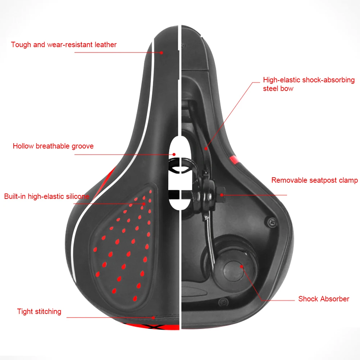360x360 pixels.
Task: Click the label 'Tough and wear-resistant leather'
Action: pyautogui.click(x=64, y=45)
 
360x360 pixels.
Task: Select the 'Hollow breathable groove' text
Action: pyautogui.click(x=53, y=146)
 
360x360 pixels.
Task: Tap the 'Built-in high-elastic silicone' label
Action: pyautogui.click(x=47, y=196)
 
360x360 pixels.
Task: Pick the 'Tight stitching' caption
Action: pyautogui.click(x=39, y=311)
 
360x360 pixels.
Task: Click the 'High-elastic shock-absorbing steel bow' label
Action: pyautogui.click(x=309, y=84)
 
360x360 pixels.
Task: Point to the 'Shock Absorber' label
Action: pyautogui.click(x=324, y=299)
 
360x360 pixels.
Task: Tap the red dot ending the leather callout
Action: pyautogui.click(x=162, y=53)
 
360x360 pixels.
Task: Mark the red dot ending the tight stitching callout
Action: pyautogui.click(x=154, y=317)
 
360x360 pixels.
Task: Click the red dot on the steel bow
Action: pyautogui.click(x=206, y=147)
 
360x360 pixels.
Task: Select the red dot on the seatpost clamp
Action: pyautogui.click(x=222, y=195)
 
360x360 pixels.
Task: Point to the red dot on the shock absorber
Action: pyautogui.click(x=242, y=267)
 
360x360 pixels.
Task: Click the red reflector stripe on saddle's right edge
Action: pyautogui.click(x=234, y=159)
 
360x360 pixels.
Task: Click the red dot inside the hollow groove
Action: pyautogui.click(x=174, y=155)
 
